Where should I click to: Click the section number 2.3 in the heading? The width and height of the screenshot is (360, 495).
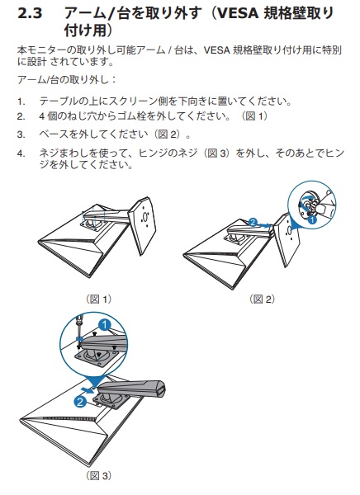click(x=30, y=13)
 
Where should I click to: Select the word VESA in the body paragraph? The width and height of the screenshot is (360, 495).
click(x=216, y=50)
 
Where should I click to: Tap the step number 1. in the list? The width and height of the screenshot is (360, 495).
click(x=21, y=101)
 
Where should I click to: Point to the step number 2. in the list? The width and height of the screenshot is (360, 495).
click(x=21, y=116)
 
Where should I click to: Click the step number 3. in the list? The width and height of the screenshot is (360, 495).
click(x=21, y=135)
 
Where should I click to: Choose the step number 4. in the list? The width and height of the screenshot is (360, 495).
click(x=21, y=154)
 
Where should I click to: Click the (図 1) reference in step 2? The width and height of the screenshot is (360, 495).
click(x=254, y=116)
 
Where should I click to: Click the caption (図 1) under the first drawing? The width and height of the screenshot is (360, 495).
click(x=99, y=299)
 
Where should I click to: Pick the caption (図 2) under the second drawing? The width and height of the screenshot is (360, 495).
click(x=263, y=299)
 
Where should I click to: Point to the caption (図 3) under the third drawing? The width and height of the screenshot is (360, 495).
click(x=99, y=475)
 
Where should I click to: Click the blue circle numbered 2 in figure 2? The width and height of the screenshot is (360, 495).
click(x=253, y=222)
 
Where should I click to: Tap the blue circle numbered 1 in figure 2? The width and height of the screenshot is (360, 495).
click(x=312, y=219)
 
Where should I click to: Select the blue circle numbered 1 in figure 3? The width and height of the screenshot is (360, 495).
click(x=105, y=325)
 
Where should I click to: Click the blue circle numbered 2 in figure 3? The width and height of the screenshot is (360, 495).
click(x=80, y=402)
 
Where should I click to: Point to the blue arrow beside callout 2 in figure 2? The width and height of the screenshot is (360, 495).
click(x=265, y=225)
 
